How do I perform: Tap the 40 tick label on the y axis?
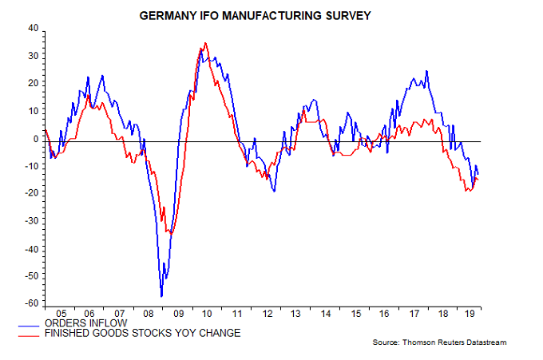[33, 28]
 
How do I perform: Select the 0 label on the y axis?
[35, 138]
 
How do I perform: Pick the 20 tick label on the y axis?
[33, 83]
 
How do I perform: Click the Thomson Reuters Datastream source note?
[439, 342]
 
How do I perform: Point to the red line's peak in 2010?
[205, 43]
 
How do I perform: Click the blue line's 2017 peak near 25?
[426, 71]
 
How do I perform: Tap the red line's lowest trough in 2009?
[167, 232]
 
